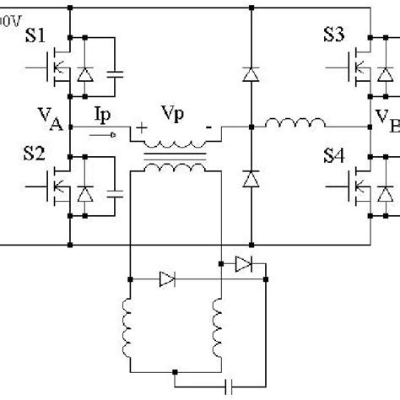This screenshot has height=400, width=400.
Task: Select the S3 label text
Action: tap(336, 36)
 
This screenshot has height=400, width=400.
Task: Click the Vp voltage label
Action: tap(172, 111)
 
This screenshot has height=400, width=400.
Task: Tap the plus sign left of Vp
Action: tap(139, 128)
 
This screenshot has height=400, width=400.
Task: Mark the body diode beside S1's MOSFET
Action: tap(84, 75)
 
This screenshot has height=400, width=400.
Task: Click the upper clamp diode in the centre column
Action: tap(250, 75)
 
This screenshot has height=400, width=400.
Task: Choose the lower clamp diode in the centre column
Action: tap(250, 180)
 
